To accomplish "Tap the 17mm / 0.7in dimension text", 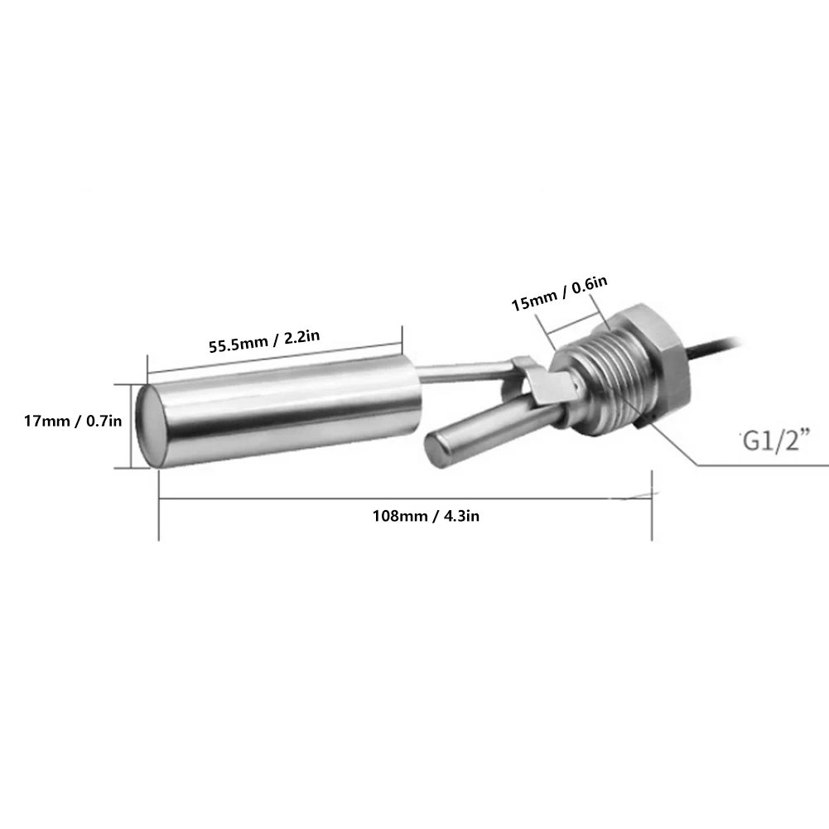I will (x=73, y=422).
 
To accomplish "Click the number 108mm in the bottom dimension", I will (x=398, y=516).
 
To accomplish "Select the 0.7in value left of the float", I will (x=104, y=422).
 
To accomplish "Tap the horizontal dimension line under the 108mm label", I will (x=406, y=499).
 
